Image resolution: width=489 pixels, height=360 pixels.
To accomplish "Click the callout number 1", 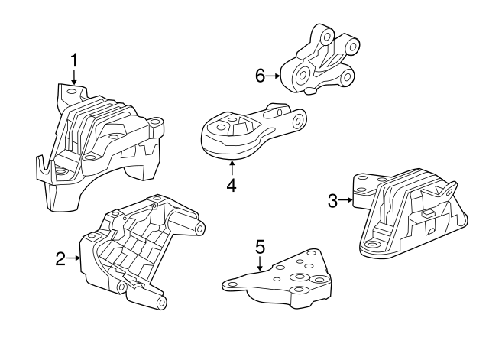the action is point(74,60).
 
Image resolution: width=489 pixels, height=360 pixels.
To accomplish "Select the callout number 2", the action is point(61,258).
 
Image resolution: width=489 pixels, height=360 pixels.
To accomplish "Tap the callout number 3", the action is point(332,200).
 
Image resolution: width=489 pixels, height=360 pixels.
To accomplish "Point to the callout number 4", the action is point(232,185).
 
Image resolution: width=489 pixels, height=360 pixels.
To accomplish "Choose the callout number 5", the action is point(260,246).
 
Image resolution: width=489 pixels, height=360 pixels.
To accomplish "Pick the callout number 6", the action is point(260,76).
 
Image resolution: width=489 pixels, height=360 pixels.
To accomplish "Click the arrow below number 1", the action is point(74,77).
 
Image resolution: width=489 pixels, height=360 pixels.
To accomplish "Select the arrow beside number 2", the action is point(74,258).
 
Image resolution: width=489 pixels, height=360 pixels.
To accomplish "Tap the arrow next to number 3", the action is point(345,200).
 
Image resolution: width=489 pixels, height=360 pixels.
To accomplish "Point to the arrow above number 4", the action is point(232,168).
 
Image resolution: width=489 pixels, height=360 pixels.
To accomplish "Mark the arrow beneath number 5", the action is point(260,263).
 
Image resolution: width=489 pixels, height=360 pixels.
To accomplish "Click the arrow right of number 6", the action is point(273,76).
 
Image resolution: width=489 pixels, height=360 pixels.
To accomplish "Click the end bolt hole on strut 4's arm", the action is point(299,120).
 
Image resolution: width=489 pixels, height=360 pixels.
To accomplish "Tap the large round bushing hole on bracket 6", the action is point(303,75).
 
